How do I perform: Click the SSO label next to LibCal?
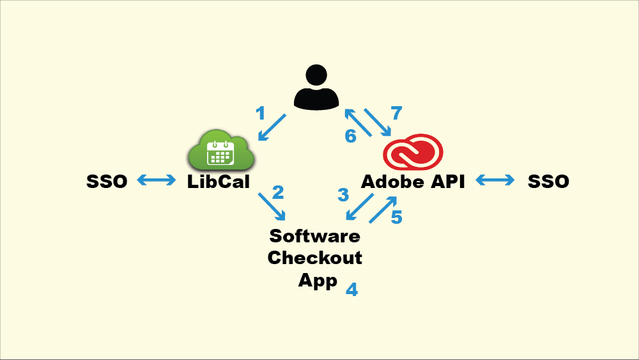(x=107, y=182)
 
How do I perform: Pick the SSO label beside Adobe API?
(x=548, y=182)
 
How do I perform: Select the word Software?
(x=314, y=236)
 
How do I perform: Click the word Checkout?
(x=314, y=258)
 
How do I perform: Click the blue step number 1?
(x=260, y=114)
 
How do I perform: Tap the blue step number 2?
(x=278, y=192)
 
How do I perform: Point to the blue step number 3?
(x=343, y=194)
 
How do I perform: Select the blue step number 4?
(x=351, y=289)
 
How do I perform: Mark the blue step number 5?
(x=396, y=217)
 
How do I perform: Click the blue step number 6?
(x=351, y=136)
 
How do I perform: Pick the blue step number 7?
(x=396, y=114)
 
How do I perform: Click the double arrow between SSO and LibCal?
(x=157, y=182)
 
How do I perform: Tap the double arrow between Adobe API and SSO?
(x=495, y=182)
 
